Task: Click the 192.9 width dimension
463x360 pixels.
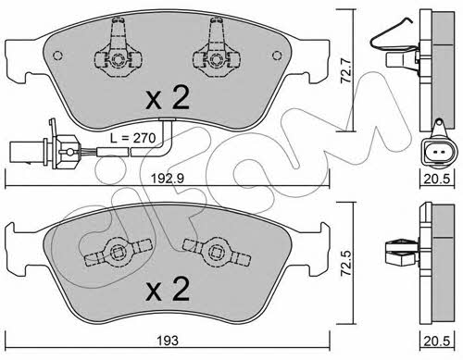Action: [x=168, y=178]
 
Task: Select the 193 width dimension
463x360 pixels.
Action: [x=168, y=341]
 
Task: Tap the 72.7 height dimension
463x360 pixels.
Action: [x=345, y=70]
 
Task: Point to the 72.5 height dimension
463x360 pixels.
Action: [x=347, y=262]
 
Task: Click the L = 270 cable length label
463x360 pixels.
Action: [x=133, y=138]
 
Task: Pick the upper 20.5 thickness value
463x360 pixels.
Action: [x=437, y=179]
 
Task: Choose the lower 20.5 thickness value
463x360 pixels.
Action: [x=437, y=341]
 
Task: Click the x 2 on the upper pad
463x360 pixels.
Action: [x=168, y=97]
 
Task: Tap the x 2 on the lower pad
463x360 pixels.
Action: [x=168, y=289]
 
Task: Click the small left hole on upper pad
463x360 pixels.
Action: [x=57, y=56]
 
